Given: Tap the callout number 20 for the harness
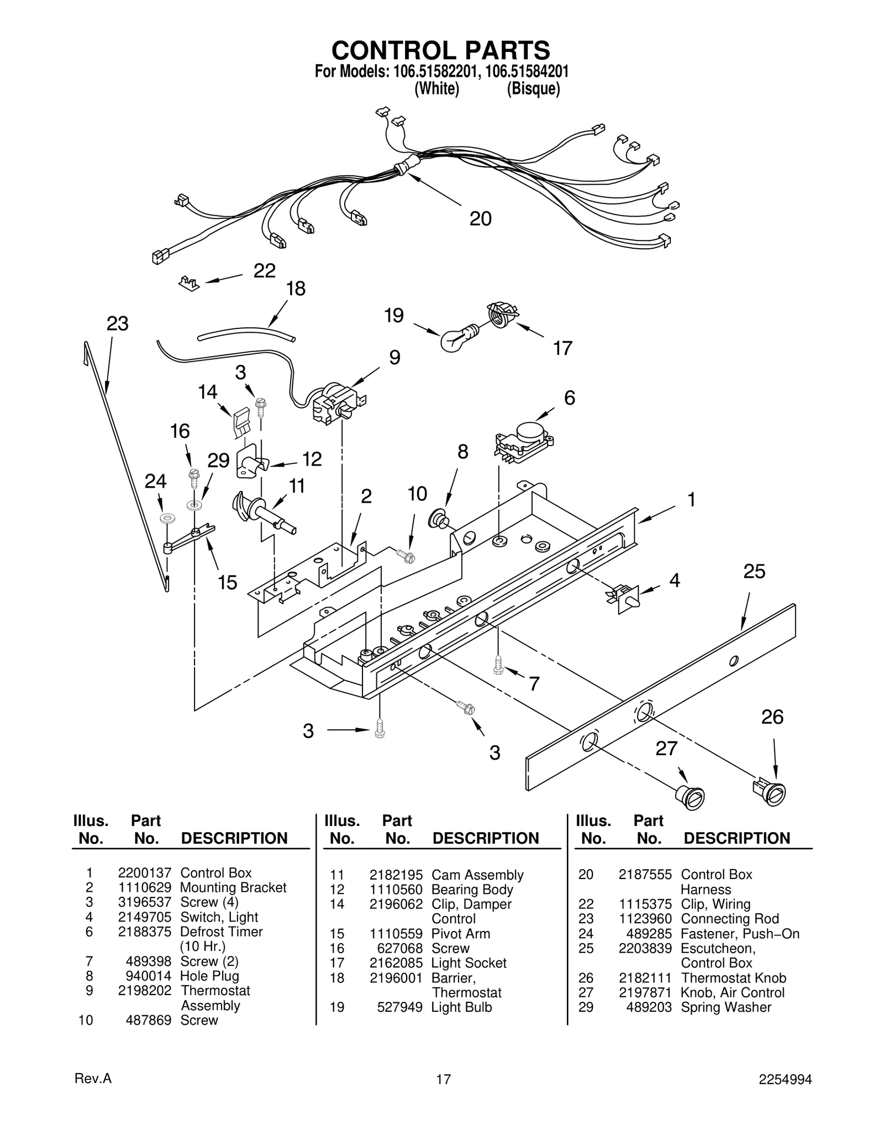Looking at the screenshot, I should pos(480,219).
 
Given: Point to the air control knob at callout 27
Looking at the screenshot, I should pos(691,797).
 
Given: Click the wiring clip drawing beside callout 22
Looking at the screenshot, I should pos(189,284).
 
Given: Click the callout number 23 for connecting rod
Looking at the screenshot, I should pos(117,324).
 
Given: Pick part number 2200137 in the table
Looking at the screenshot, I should pos(145,873).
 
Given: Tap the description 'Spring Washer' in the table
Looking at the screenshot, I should pos(725,1007).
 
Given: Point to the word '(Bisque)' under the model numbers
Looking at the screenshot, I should pos(533,88).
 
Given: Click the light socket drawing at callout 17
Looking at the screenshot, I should pos(501,315).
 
